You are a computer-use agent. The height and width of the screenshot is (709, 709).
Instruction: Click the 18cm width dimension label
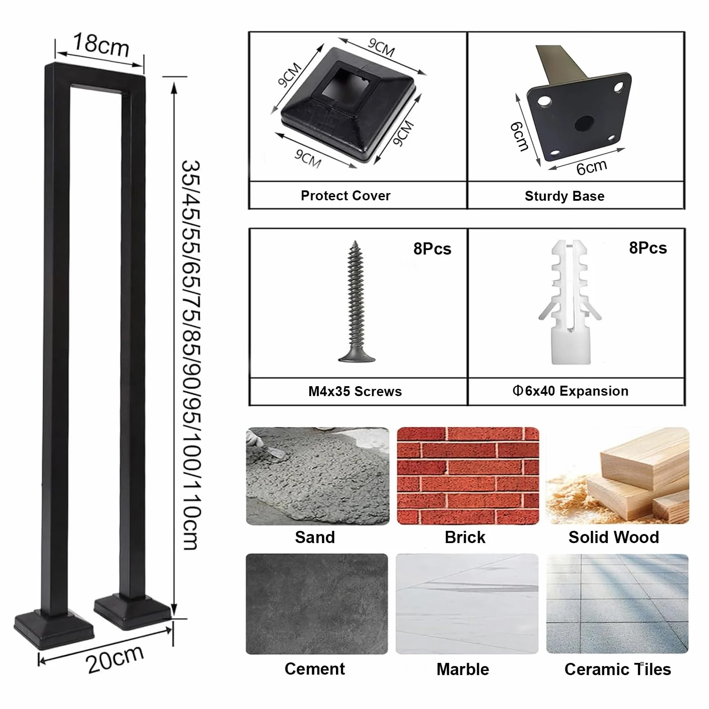101,45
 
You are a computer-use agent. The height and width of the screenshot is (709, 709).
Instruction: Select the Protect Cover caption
345,196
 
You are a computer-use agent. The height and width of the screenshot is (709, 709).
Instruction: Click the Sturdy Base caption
564,196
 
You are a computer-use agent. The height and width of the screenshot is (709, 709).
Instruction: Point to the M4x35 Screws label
355,391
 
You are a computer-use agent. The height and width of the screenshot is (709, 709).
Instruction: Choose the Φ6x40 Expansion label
571,391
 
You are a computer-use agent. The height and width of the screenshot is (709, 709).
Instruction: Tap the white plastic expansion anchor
570,302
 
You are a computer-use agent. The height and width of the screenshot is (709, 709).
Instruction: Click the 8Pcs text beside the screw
432,249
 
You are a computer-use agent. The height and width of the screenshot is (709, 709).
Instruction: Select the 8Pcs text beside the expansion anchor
648,248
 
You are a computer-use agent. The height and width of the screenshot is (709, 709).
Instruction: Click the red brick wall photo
468,476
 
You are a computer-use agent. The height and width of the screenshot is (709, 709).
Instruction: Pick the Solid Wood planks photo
618,476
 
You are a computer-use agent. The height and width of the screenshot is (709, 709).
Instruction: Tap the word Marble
463,669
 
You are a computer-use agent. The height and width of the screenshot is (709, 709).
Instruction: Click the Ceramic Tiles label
618,669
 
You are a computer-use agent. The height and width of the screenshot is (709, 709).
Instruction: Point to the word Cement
315,669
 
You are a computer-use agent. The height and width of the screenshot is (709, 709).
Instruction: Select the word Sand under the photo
315,537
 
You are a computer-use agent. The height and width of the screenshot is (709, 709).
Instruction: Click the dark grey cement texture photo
317,604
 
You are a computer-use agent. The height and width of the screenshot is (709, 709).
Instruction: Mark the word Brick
465,537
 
